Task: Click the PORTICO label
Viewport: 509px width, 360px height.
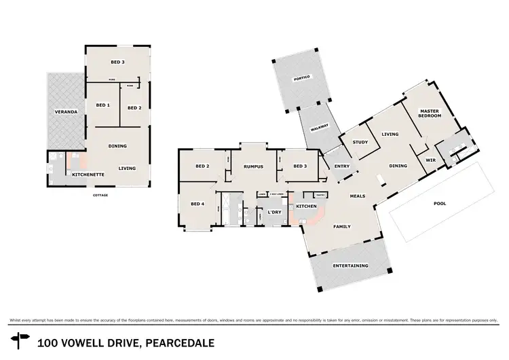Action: [x=301, y=79]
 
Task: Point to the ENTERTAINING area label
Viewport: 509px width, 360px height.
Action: [x=350, y=266]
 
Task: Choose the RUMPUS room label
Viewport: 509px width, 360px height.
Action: [x=253, y=166]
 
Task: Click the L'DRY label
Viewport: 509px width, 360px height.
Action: [x=274, y=213]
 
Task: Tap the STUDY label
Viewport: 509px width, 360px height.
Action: [x=360, y=143]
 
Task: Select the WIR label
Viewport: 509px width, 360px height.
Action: [x=430, y=160]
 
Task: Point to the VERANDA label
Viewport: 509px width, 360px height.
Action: [x=67, y=111]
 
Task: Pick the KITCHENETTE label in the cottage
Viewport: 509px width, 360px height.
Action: [x=88, y=175]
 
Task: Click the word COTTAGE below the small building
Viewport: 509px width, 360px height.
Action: [x=100, y=195]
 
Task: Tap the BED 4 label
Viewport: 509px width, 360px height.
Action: [x=197, y=204]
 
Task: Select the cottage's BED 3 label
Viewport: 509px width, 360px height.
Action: [x=117, y=62]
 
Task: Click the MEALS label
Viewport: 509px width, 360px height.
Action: [x=357, y=196]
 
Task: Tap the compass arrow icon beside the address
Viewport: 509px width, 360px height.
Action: [x=20, y=340]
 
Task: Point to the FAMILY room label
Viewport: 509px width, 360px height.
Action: [x=341, y=226]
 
